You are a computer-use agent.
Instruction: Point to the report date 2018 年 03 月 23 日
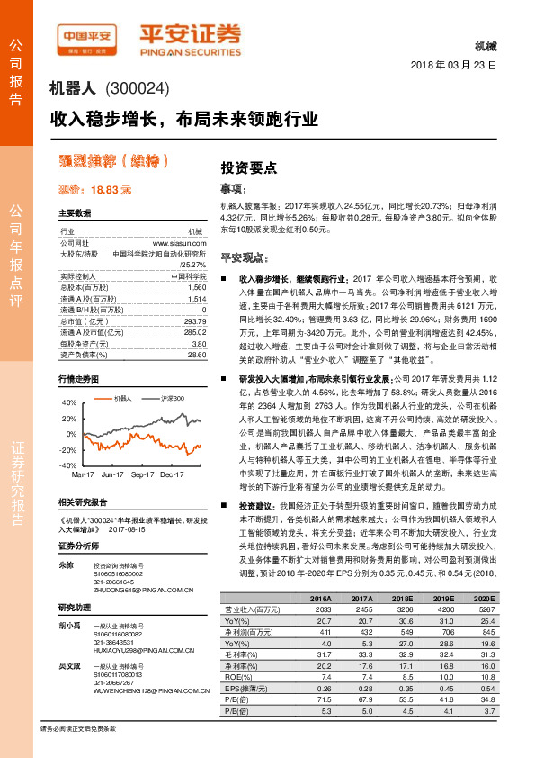453,67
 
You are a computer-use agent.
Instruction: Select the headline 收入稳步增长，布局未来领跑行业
184,117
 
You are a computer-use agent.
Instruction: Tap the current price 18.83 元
101,190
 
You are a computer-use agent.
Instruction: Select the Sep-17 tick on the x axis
142,473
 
